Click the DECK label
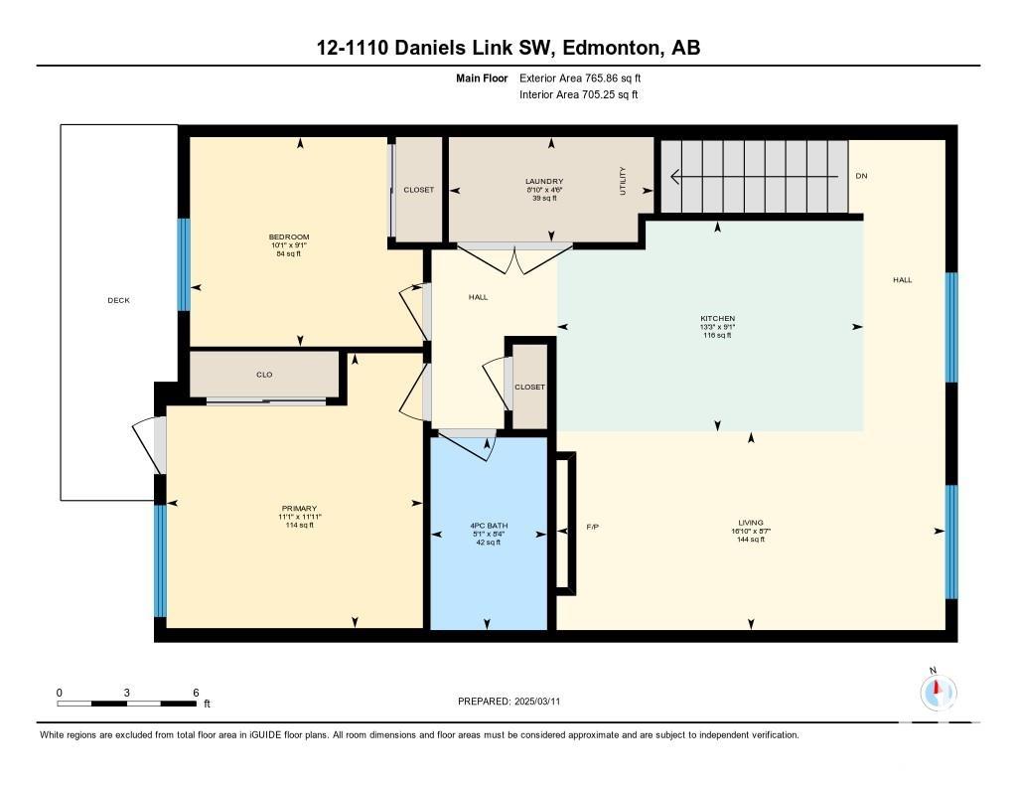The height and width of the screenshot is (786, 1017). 119,300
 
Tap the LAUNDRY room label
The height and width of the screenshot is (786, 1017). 544,181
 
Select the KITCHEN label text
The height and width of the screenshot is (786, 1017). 717,318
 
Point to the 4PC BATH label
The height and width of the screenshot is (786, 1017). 489,526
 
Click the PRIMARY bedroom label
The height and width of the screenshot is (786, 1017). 299,508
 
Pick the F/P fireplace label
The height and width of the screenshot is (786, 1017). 592,527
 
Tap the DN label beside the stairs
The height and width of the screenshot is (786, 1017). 861,176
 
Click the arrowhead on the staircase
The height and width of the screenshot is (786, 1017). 674,176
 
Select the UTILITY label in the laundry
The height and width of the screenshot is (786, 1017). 623,181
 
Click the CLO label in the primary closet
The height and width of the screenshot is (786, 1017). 264,375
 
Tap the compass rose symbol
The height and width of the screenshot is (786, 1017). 938,692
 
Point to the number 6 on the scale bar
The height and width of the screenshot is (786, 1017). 196,693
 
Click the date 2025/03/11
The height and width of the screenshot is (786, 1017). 537,701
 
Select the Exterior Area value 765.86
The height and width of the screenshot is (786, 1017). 603,78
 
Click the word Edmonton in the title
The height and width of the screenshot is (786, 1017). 609,48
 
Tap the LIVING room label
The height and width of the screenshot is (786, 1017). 751,523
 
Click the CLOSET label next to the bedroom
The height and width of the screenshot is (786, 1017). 418,190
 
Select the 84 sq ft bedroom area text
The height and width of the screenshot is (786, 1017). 289,253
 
